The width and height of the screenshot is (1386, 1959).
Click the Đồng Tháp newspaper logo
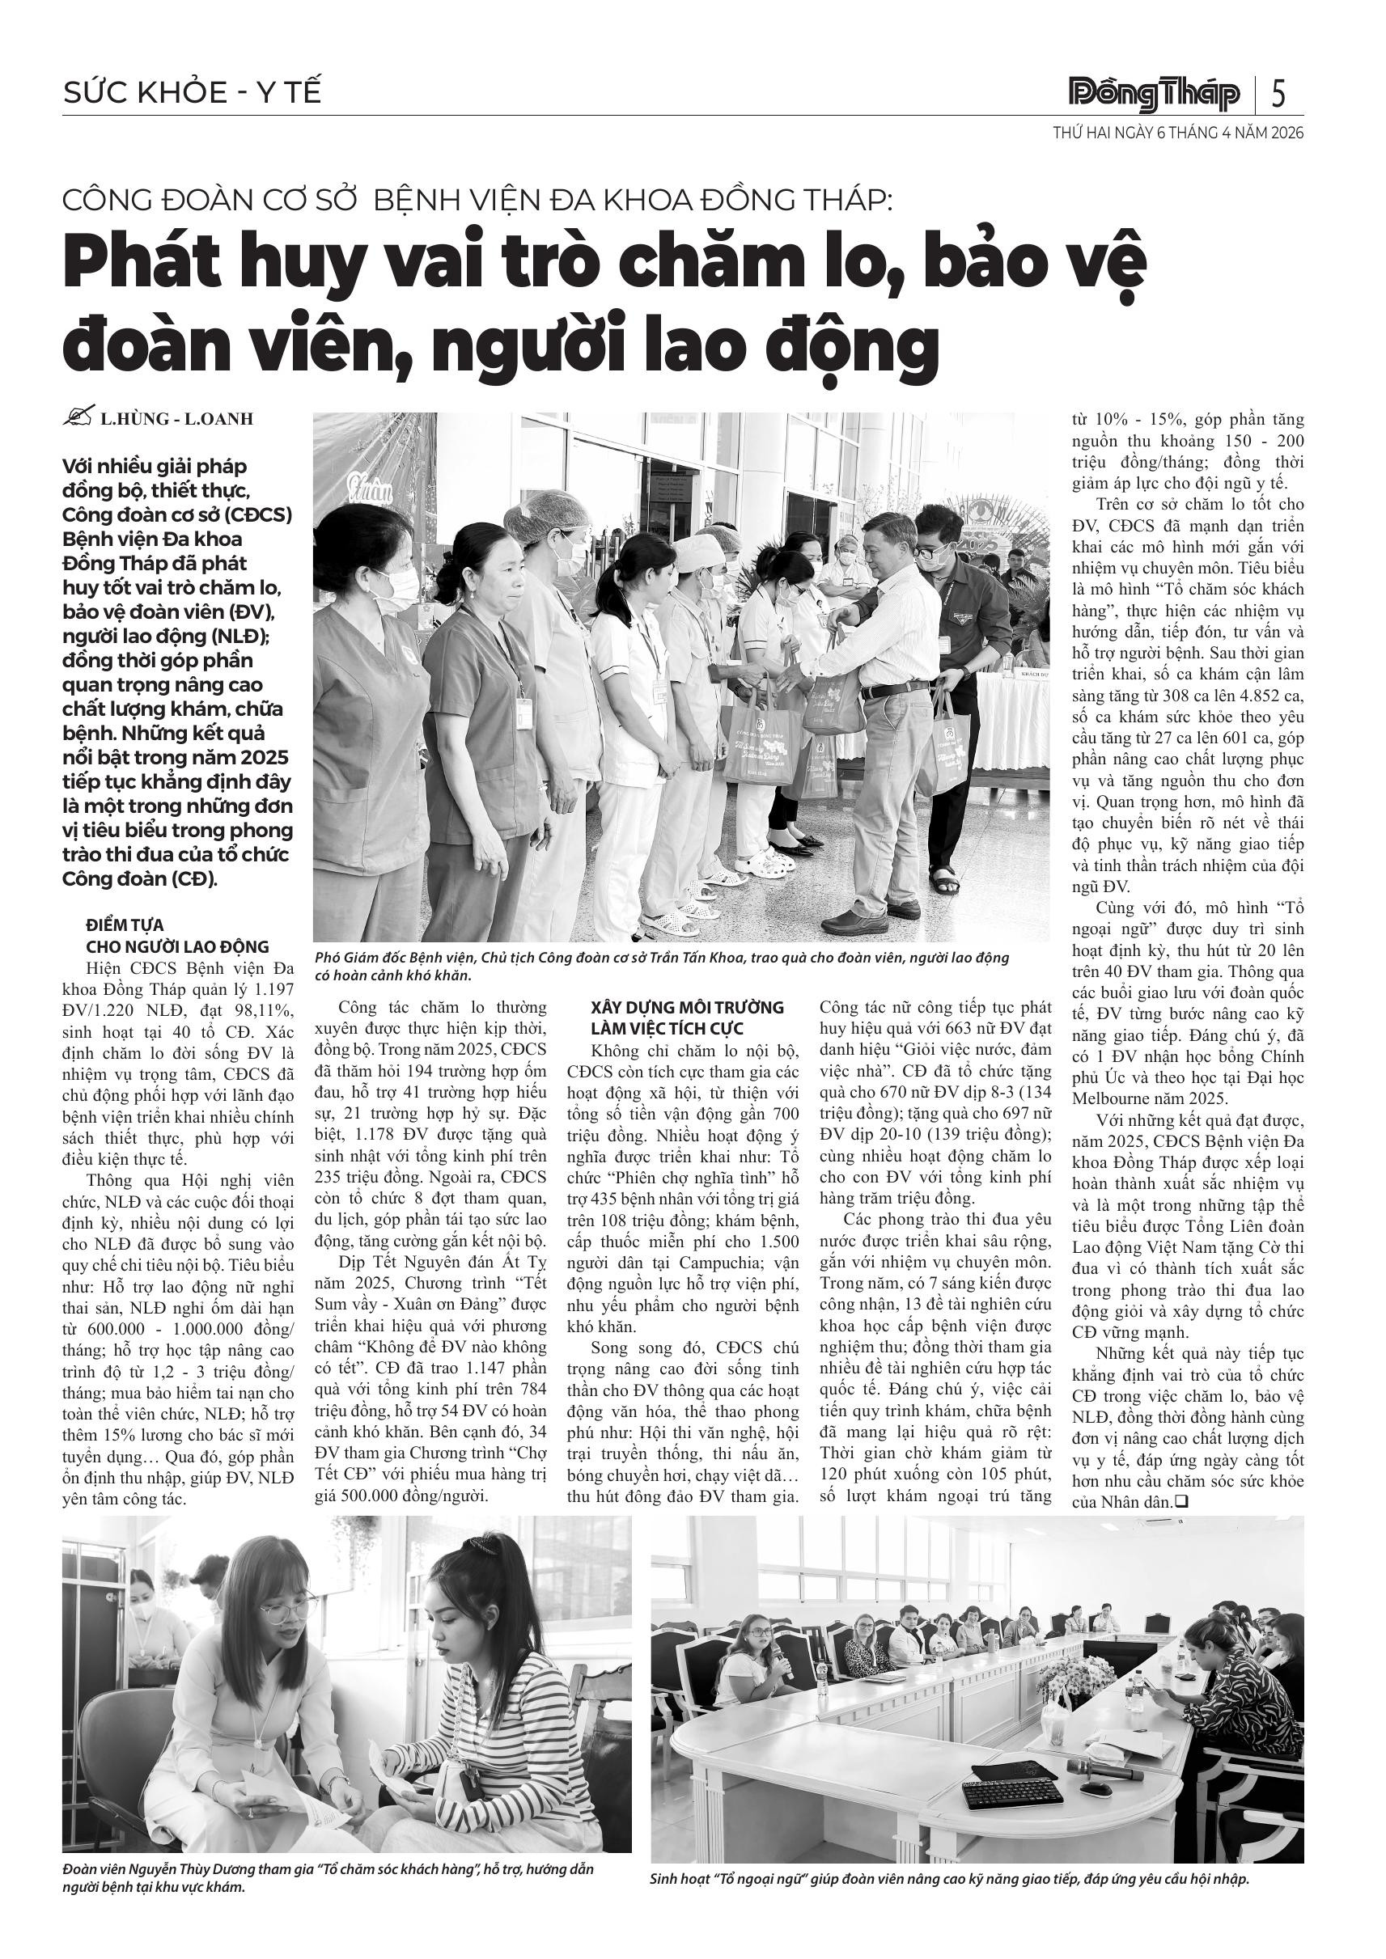[x=1155, y=93]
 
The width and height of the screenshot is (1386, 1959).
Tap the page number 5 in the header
[x=1278, y=93]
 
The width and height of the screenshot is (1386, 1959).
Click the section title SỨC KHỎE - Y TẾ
[x=192, y=92]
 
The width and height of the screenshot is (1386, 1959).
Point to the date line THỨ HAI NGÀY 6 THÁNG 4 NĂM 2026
[x=1178, y=134]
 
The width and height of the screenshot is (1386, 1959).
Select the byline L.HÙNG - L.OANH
[x=176, y=419]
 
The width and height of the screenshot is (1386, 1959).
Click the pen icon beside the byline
[x=78, y=417]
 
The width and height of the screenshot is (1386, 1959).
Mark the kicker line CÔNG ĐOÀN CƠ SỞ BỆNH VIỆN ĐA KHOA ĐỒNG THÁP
[x=477, y=201]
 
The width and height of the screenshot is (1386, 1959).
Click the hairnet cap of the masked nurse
[x=547, y=514]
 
